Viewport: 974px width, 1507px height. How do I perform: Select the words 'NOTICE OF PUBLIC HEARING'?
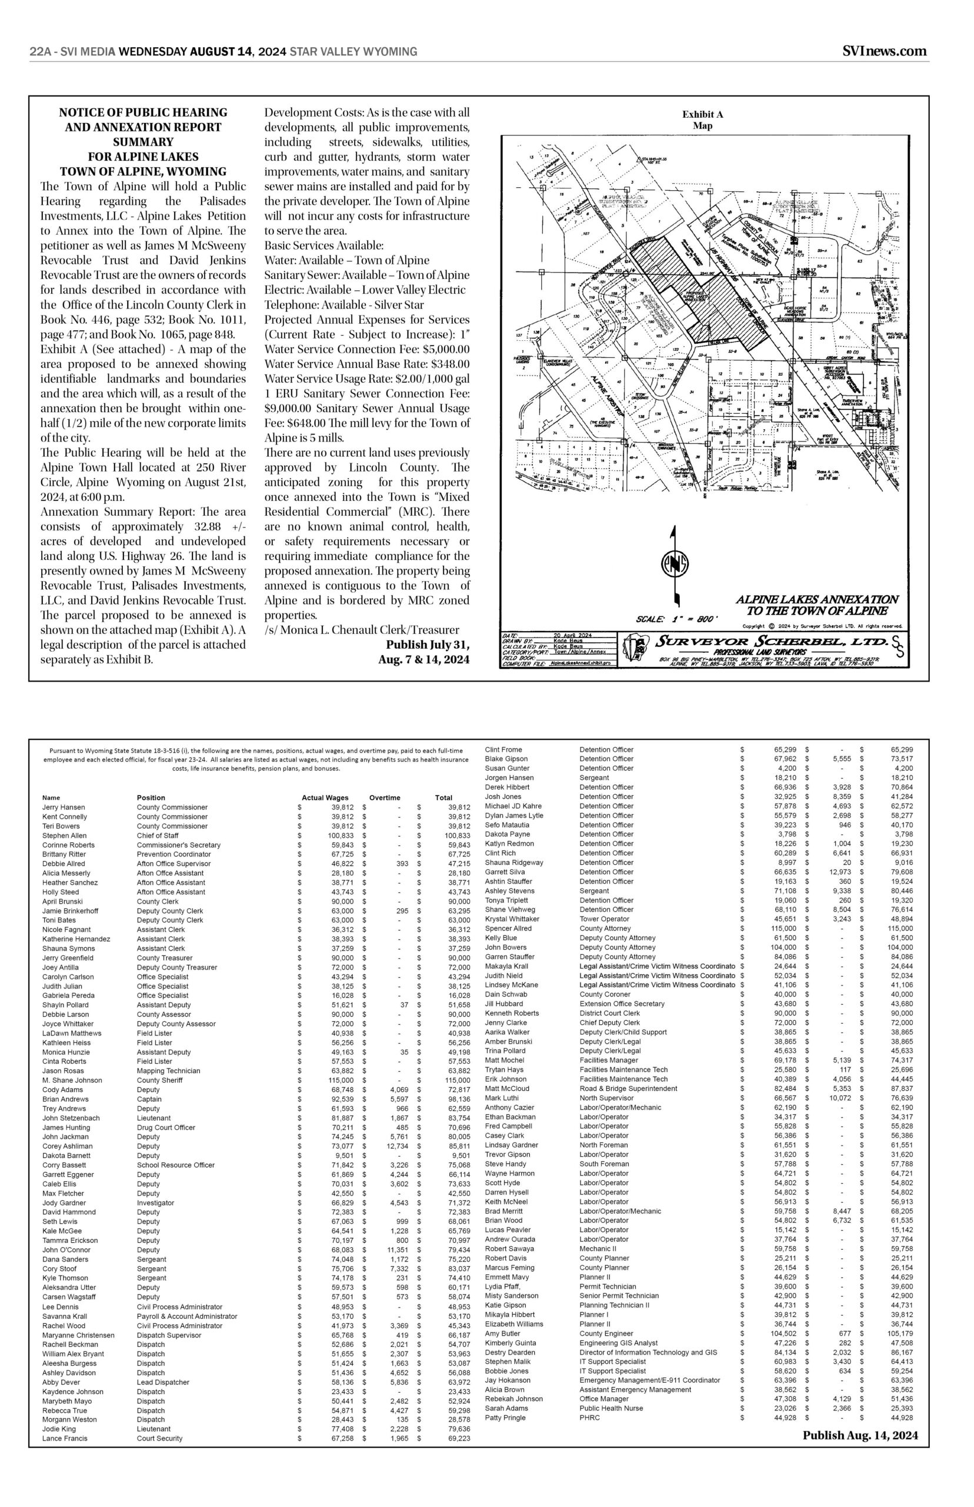(x=143, y=112)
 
